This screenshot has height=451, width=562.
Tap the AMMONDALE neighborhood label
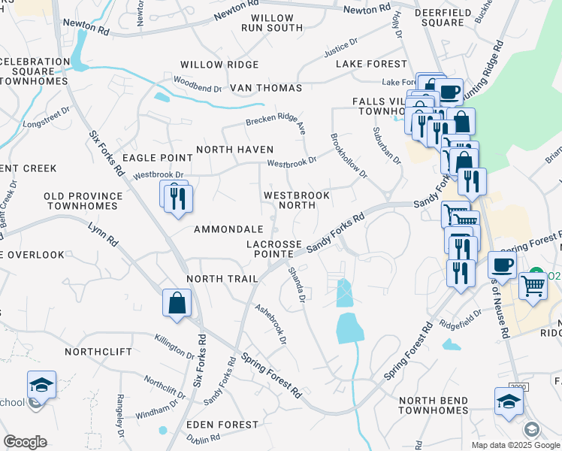coord(228,229)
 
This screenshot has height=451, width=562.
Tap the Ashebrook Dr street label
coord(271,324)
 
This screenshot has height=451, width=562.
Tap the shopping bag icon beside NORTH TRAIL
coord(177,304)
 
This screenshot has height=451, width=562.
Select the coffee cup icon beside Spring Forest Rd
coord(502,265)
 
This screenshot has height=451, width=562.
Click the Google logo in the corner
coord(25,442)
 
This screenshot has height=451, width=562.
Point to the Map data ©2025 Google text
coord(515,445)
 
